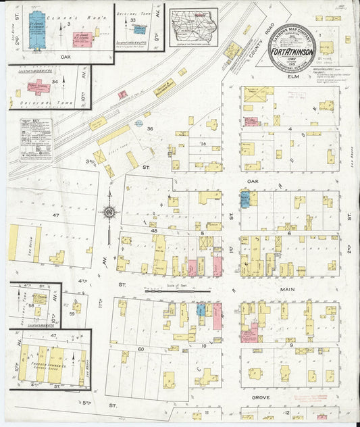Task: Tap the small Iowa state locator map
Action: (x=193, y=26)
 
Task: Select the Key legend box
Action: (x=36, y=139)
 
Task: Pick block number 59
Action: (x=72, y=313)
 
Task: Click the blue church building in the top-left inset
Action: (x=41, y=28)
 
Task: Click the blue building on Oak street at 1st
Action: (x=245, y=198)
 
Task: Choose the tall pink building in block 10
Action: (x=217, y=315)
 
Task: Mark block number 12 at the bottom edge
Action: (x=286, y=412)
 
